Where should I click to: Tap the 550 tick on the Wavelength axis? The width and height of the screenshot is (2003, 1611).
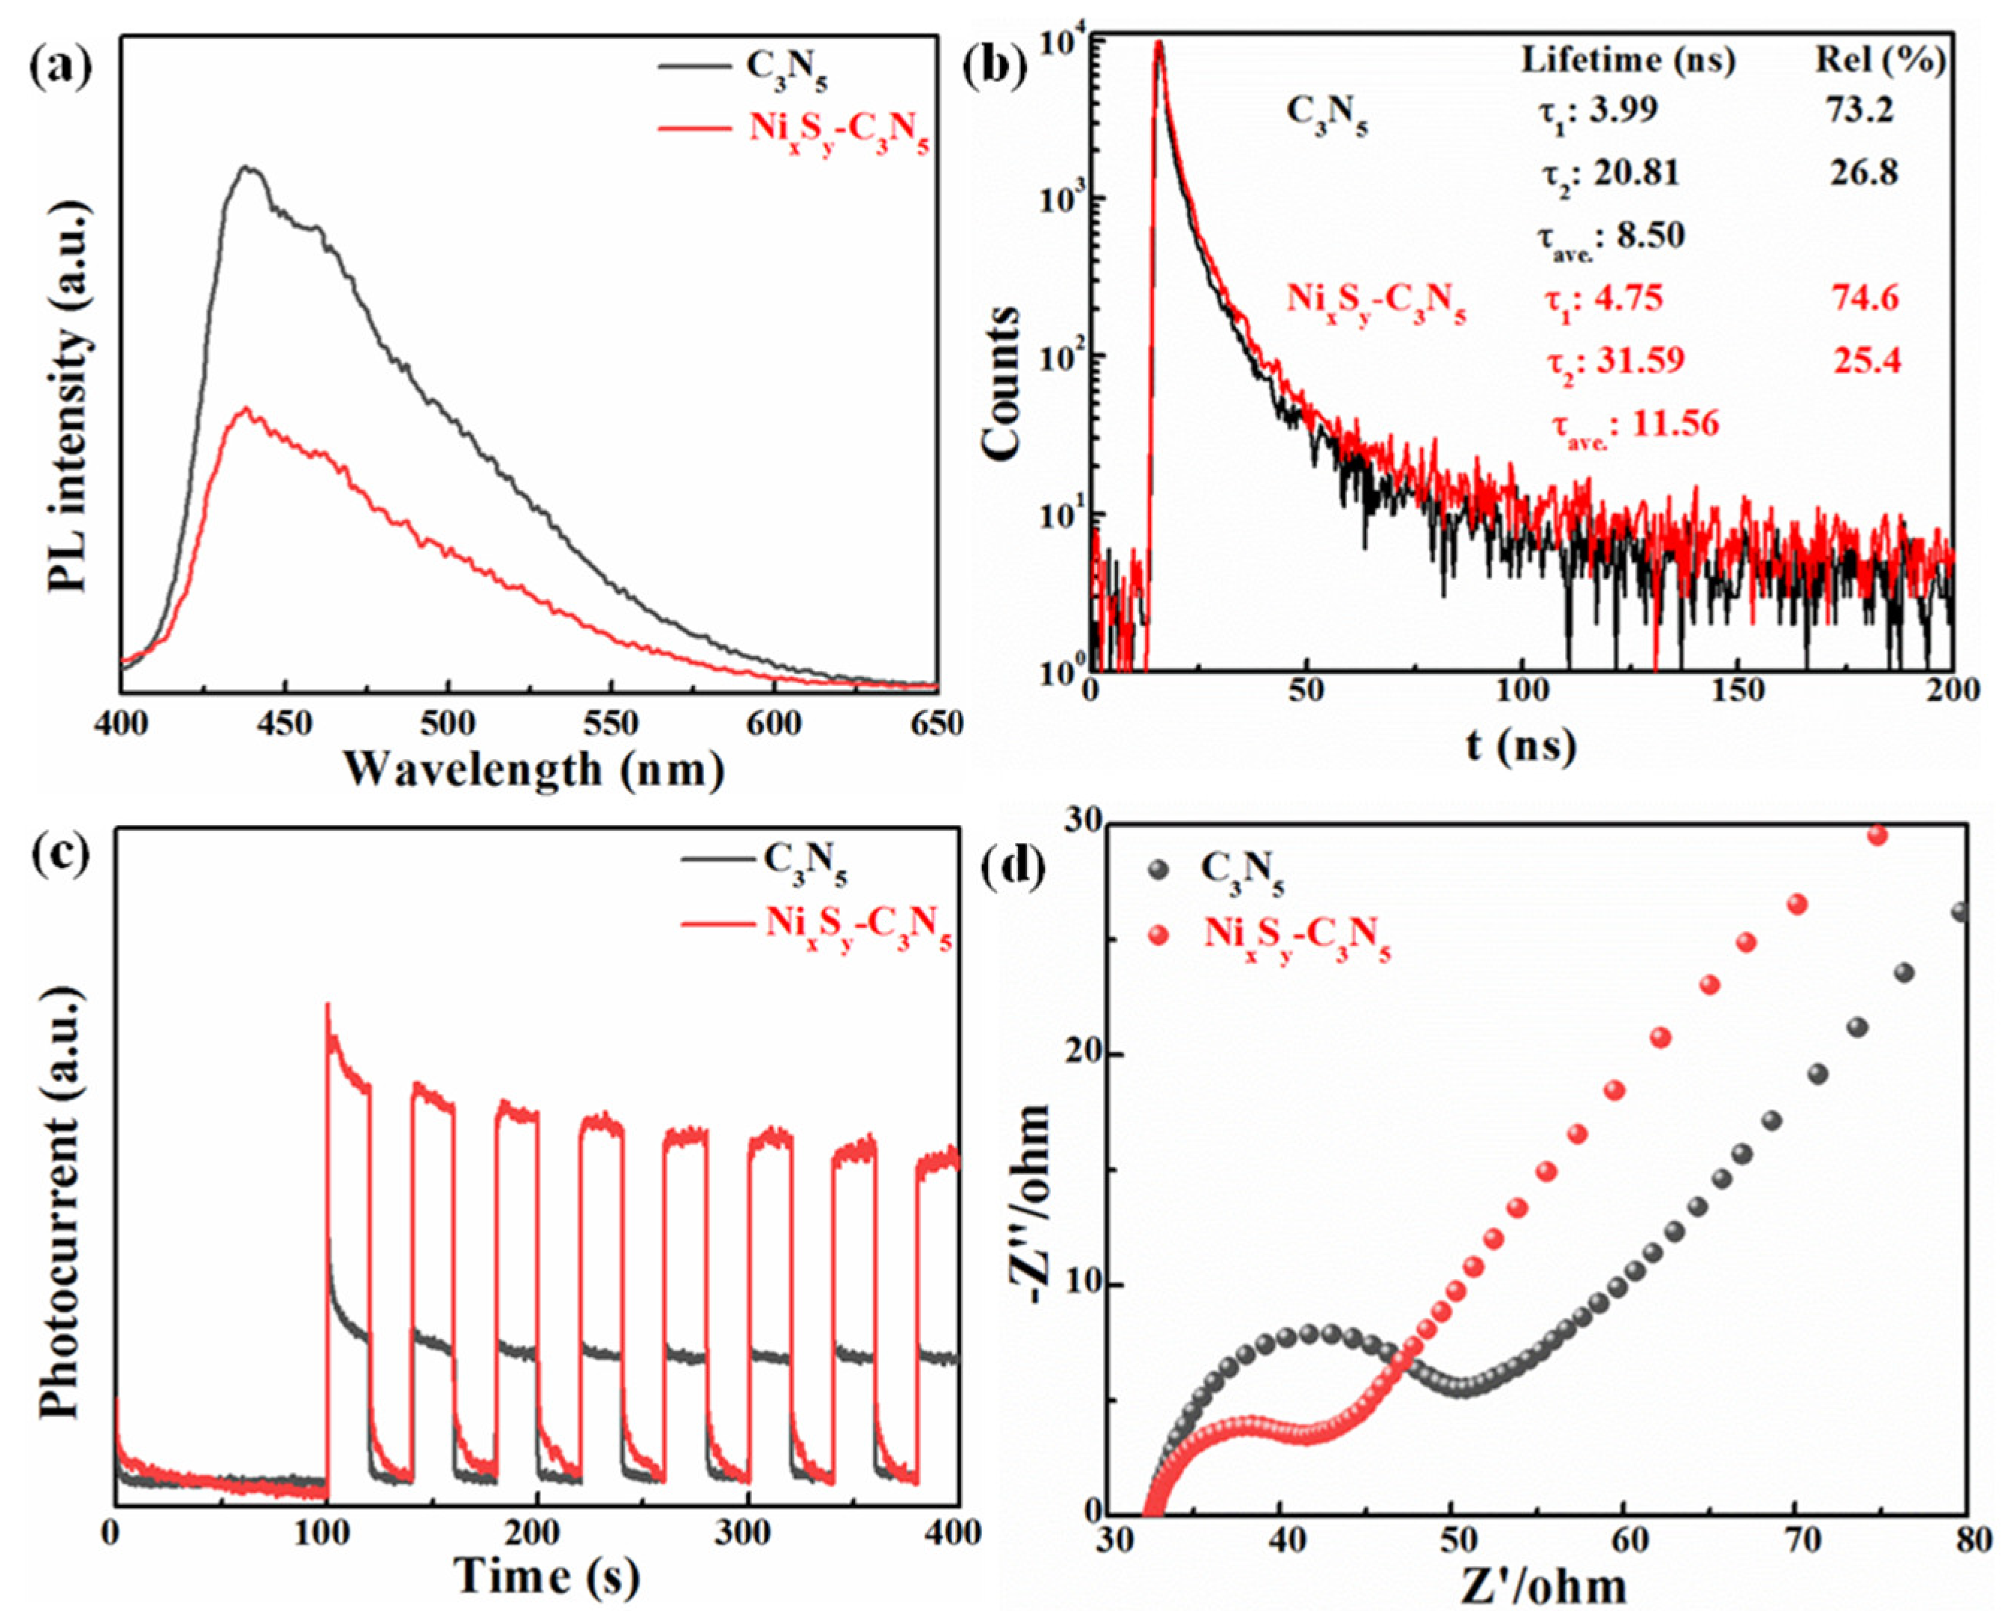click(612, 723)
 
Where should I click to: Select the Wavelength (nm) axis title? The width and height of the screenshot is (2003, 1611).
click(534, 770)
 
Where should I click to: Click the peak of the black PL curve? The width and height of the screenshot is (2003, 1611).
click(247, 168)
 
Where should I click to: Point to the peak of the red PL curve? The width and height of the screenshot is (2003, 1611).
click(246, 408)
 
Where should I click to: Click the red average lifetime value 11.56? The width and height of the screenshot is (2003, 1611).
click(1637, 424)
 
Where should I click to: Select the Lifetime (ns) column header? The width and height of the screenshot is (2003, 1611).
click(1629, 61)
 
